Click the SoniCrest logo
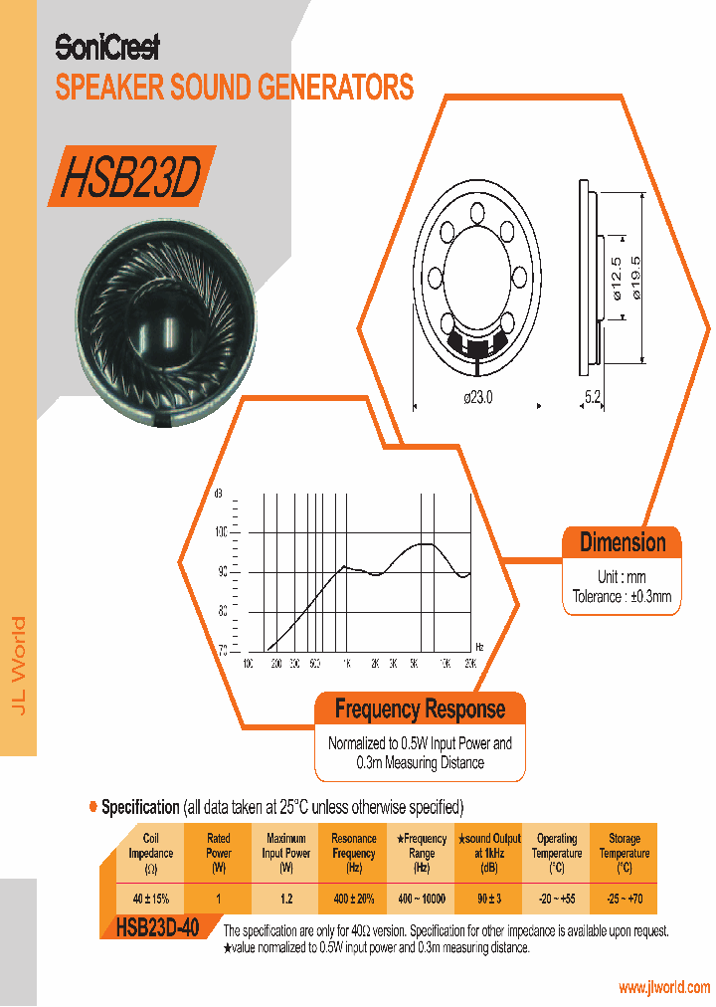[x=106, y=47]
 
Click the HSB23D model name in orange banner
[x=130, y=178]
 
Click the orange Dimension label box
[x=623, y=542]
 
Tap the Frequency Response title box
[x=420, y=709]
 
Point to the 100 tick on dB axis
[x=222, y=532]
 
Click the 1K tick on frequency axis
[x=345, y=662]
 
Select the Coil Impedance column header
[x=151, y=853]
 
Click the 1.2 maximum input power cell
[x=285, y=899]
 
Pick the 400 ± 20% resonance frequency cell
[x=353, y=899]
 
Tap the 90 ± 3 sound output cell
[x=488, y=899]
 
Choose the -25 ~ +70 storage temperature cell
[x=624, y=899]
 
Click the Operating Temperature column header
[x=556, y=853]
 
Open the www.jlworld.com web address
[x=663, y=987]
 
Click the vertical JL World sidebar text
[x=18, y=664]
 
